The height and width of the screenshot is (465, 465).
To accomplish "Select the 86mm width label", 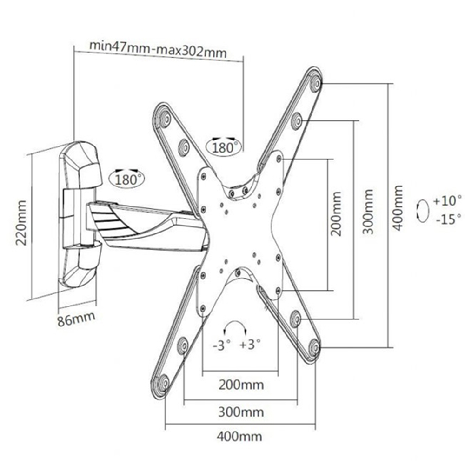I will click(x=76, y=320).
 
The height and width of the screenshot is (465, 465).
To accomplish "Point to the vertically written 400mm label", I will click(x=398, y=208).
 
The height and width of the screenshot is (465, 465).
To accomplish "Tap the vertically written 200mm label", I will click(x=336, y=214).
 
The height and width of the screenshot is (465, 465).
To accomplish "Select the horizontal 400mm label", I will click(x=239, y=437).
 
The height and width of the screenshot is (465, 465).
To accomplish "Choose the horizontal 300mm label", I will click(x=241, y=412).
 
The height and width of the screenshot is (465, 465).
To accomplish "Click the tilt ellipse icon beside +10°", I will click(x=422, y=211).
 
